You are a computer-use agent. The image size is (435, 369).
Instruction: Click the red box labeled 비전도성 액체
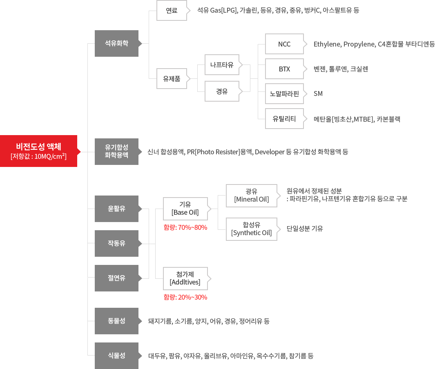click(x=38, y=151)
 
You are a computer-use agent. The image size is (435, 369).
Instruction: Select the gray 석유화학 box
click(x=116, y=43)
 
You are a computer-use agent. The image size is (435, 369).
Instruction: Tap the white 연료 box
click(x=172, y=11)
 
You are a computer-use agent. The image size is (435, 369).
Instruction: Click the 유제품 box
click(x=172, y=79)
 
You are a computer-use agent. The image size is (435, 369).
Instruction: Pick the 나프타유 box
click(x=222, y=64)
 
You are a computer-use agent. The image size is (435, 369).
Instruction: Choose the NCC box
click(x=284, y=44)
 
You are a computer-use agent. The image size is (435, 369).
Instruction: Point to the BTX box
click(x=284, y=69)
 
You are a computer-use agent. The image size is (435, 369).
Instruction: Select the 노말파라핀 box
click(x=284, y=94)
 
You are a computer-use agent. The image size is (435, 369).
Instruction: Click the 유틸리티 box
click(x=284, y=119)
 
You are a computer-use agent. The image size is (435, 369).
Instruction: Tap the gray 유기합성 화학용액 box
click(x=116, y=151)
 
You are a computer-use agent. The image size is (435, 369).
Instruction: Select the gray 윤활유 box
click(x=116, y=209)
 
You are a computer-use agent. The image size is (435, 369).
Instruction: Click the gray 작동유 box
click(x=116, y=243)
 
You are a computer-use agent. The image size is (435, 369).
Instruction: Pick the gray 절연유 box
click(x=116, y=278)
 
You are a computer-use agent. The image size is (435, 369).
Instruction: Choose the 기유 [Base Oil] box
click(x=185, y=209)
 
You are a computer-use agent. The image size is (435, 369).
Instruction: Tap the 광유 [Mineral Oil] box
click(x=252, y=196)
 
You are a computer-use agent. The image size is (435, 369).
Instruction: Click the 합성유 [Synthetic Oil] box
click(x=252, y=229)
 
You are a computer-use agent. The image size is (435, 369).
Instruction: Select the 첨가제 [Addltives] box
click(x=185, y=278)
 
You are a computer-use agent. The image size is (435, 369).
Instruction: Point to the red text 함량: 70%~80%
click(x=185, y=227)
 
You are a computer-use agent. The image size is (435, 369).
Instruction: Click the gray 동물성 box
click(x=116, y=321)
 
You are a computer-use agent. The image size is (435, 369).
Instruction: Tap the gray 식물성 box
click(x=116, y=356)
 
